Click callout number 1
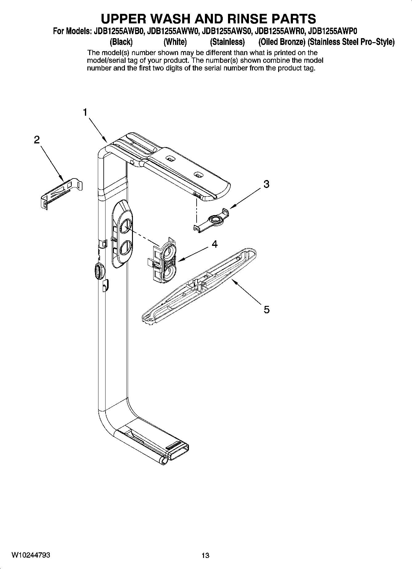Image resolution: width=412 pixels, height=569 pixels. point(85,113)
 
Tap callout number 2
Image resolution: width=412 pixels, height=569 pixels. point(37,140)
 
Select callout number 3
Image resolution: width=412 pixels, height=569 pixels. point(266,184)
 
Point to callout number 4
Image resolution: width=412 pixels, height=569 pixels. point(215,244)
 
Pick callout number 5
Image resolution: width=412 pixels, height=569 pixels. point(266,309)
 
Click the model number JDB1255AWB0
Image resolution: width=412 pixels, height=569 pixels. point(117,31)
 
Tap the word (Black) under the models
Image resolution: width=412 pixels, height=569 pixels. point(121,42)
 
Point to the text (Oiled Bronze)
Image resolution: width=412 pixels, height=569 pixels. point(280,42)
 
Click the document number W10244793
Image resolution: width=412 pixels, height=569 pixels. point(31,555)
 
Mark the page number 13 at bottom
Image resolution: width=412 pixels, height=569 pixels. point(206,555)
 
